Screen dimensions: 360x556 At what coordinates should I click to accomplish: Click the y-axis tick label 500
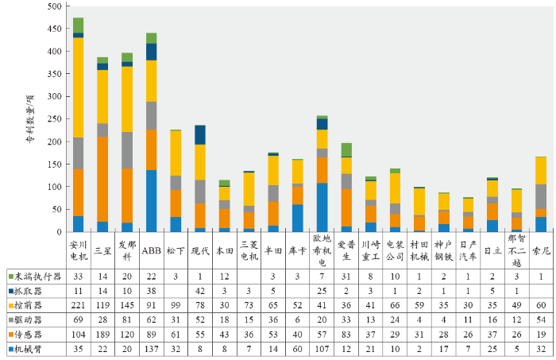click(52, 7)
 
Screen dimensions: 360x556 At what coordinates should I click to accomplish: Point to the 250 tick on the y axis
click(52, 119)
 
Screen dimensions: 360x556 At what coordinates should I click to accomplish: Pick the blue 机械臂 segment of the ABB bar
click(151, 200)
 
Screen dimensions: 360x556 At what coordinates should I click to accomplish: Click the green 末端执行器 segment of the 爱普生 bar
click(346, 150)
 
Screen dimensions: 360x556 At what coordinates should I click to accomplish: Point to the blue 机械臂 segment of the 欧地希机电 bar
click(322, 207)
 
